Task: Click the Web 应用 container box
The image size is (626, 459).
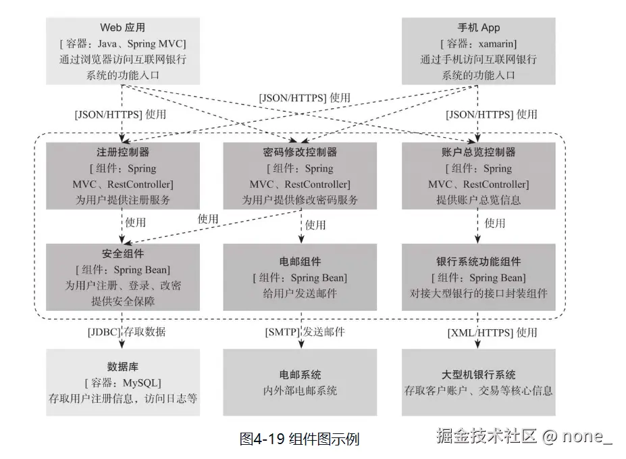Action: point(122,51)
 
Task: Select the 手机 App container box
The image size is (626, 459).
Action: point(478,51)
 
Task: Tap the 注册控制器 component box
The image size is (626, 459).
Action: point(122,175)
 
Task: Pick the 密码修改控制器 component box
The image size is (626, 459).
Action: point(300,175)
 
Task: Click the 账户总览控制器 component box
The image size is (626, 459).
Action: point(478,175)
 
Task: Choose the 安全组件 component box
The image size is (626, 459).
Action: point(122,277)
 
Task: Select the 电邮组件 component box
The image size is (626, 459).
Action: point(300,277)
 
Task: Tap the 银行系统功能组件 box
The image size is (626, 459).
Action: point(478,277)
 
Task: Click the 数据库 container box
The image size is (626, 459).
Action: point(122,382)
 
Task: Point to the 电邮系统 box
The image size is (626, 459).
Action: point(300,382)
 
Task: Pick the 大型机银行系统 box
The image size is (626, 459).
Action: point(478,382)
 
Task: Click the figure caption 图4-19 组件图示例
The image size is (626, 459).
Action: point(299,439)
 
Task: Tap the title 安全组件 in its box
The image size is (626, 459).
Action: point(122,253)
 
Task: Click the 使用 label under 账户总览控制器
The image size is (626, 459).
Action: point(495,223)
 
